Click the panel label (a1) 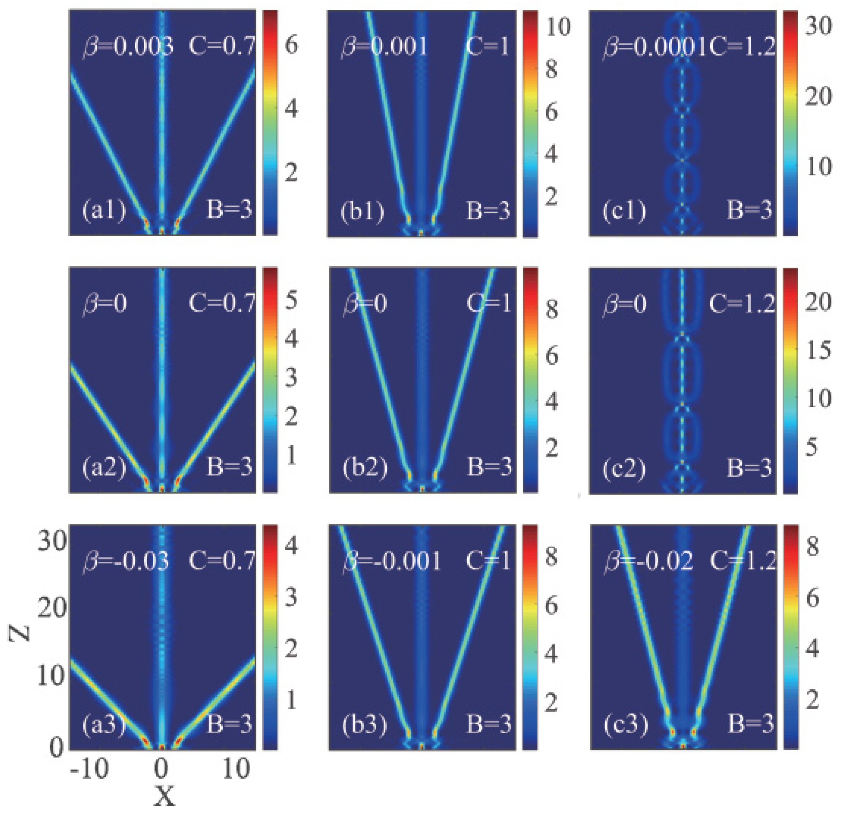[x=104, y=211]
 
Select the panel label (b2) [x=365, y=467]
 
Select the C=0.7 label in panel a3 [x=222, y=560]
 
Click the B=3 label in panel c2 [x=749, y=467]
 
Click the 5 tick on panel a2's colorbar [x=291, y=300]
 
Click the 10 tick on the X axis [x=236, y=768]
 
